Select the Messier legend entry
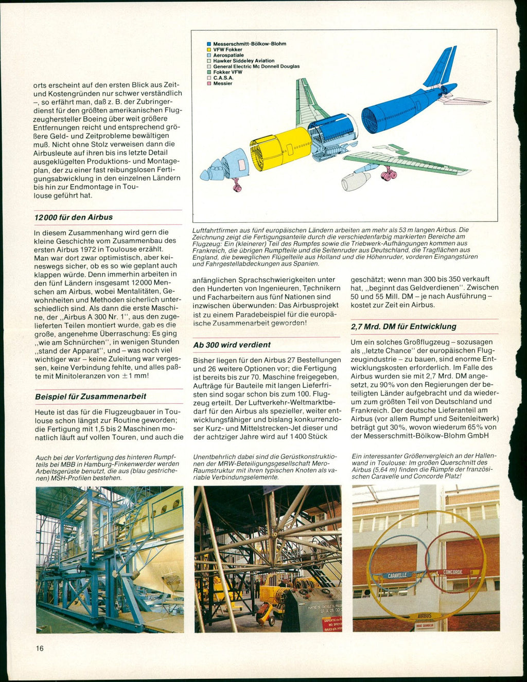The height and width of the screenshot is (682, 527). pyautogui.click(x=222, y=83)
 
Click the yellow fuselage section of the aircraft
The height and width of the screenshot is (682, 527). pyautogui.click(x=280, y=149)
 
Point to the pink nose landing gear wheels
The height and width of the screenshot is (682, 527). pyautogui.click(x=237, y=187)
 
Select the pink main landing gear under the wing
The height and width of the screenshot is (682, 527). pyautogui.click(x=389, y=175)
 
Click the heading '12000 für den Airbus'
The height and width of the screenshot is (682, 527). pyautogui.click(x=74, y=218)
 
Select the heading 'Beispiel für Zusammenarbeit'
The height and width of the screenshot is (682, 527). pyautogui.click(x=91, y=397)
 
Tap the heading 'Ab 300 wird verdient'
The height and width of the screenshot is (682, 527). pyautogui.click(x=232, y=345)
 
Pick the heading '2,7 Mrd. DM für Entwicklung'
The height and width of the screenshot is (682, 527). pyautogui.click(x=403, y=327)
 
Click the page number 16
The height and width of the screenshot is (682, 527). pyautogui.click(x=40, y=648)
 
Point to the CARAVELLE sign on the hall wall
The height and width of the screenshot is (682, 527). pyautogui.click(x=398, y=575)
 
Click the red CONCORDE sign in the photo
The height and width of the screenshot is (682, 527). pyautogui.click(x=453, y=572)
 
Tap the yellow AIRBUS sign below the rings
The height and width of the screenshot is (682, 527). pyautogui.click(x=425, y=615)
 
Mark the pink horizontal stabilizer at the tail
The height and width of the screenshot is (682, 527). pyautogui.click(x=463, y=100)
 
